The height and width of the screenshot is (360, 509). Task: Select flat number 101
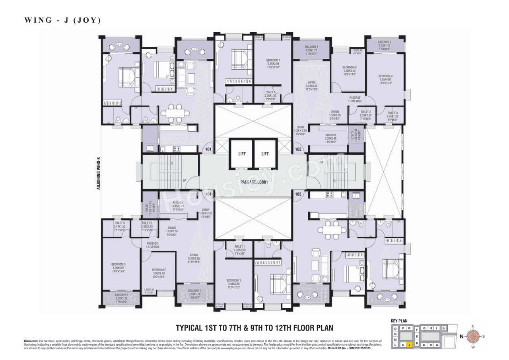(x=207, y=150)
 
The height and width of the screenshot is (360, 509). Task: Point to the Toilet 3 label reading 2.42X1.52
(x=119, y=226)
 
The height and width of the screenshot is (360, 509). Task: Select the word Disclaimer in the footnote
(x=31, y=341)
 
